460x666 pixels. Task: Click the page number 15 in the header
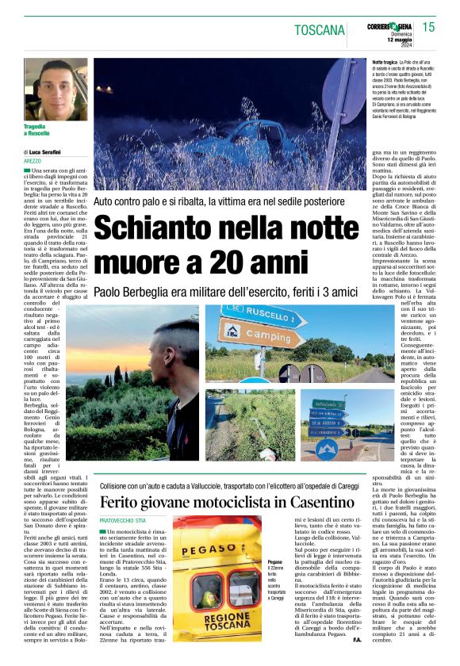[428, 28]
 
